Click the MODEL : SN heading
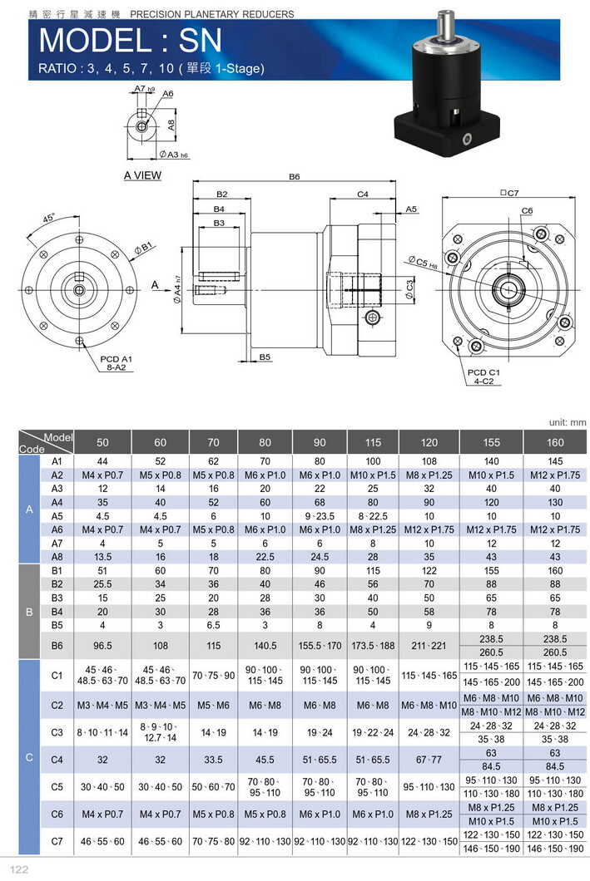point(130,41)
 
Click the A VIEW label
point(142,175)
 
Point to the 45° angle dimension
point(49,218)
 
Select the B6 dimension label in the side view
point(294,176)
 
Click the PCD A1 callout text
point(116,358)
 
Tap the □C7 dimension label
point(509,193)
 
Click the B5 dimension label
point(265,357)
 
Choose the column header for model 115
point(373,442)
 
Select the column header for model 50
point(102,442)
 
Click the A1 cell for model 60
point(161,460)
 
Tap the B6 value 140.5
point(265,646)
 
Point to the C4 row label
point(57,760)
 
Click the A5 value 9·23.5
point(320,516)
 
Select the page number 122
point(19,869)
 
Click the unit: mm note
point(568,422)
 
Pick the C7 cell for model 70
point(214,841)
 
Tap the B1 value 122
point(429,570)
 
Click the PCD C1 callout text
point(483,372)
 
